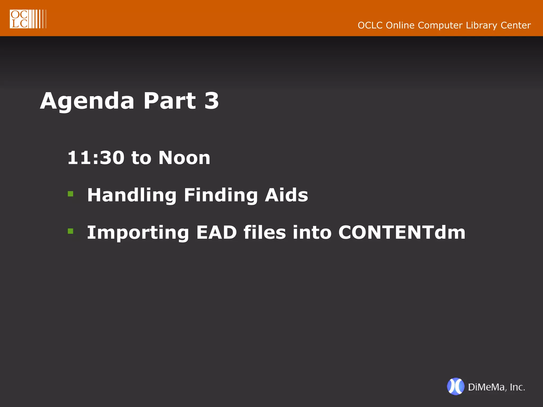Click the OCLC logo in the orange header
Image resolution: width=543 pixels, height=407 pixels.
tap(28, 19)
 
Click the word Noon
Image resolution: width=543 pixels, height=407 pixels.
tap(184, 158)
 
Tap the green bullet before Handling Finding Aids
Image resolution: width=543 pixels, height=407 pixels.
tap(71, 194)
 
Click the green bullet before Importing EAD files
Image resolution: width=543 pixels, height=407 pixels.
tap(71, 231)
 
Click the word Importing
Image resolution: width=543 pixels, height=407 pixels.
tap(138, 233)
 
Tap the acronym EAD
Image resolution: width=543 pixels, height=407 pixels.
tap(216, 232)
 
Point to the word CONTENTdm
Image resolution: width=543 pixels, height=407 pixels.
tap(402, 232)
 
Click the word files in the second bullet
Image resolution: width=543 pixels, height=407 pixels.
tap(265, 232)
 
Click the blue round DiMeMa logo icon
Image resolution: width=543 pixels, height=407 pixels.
tap(456, 386)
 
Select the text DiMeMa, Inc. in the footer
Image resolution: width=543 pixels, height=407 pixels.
tap(496, 387)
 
